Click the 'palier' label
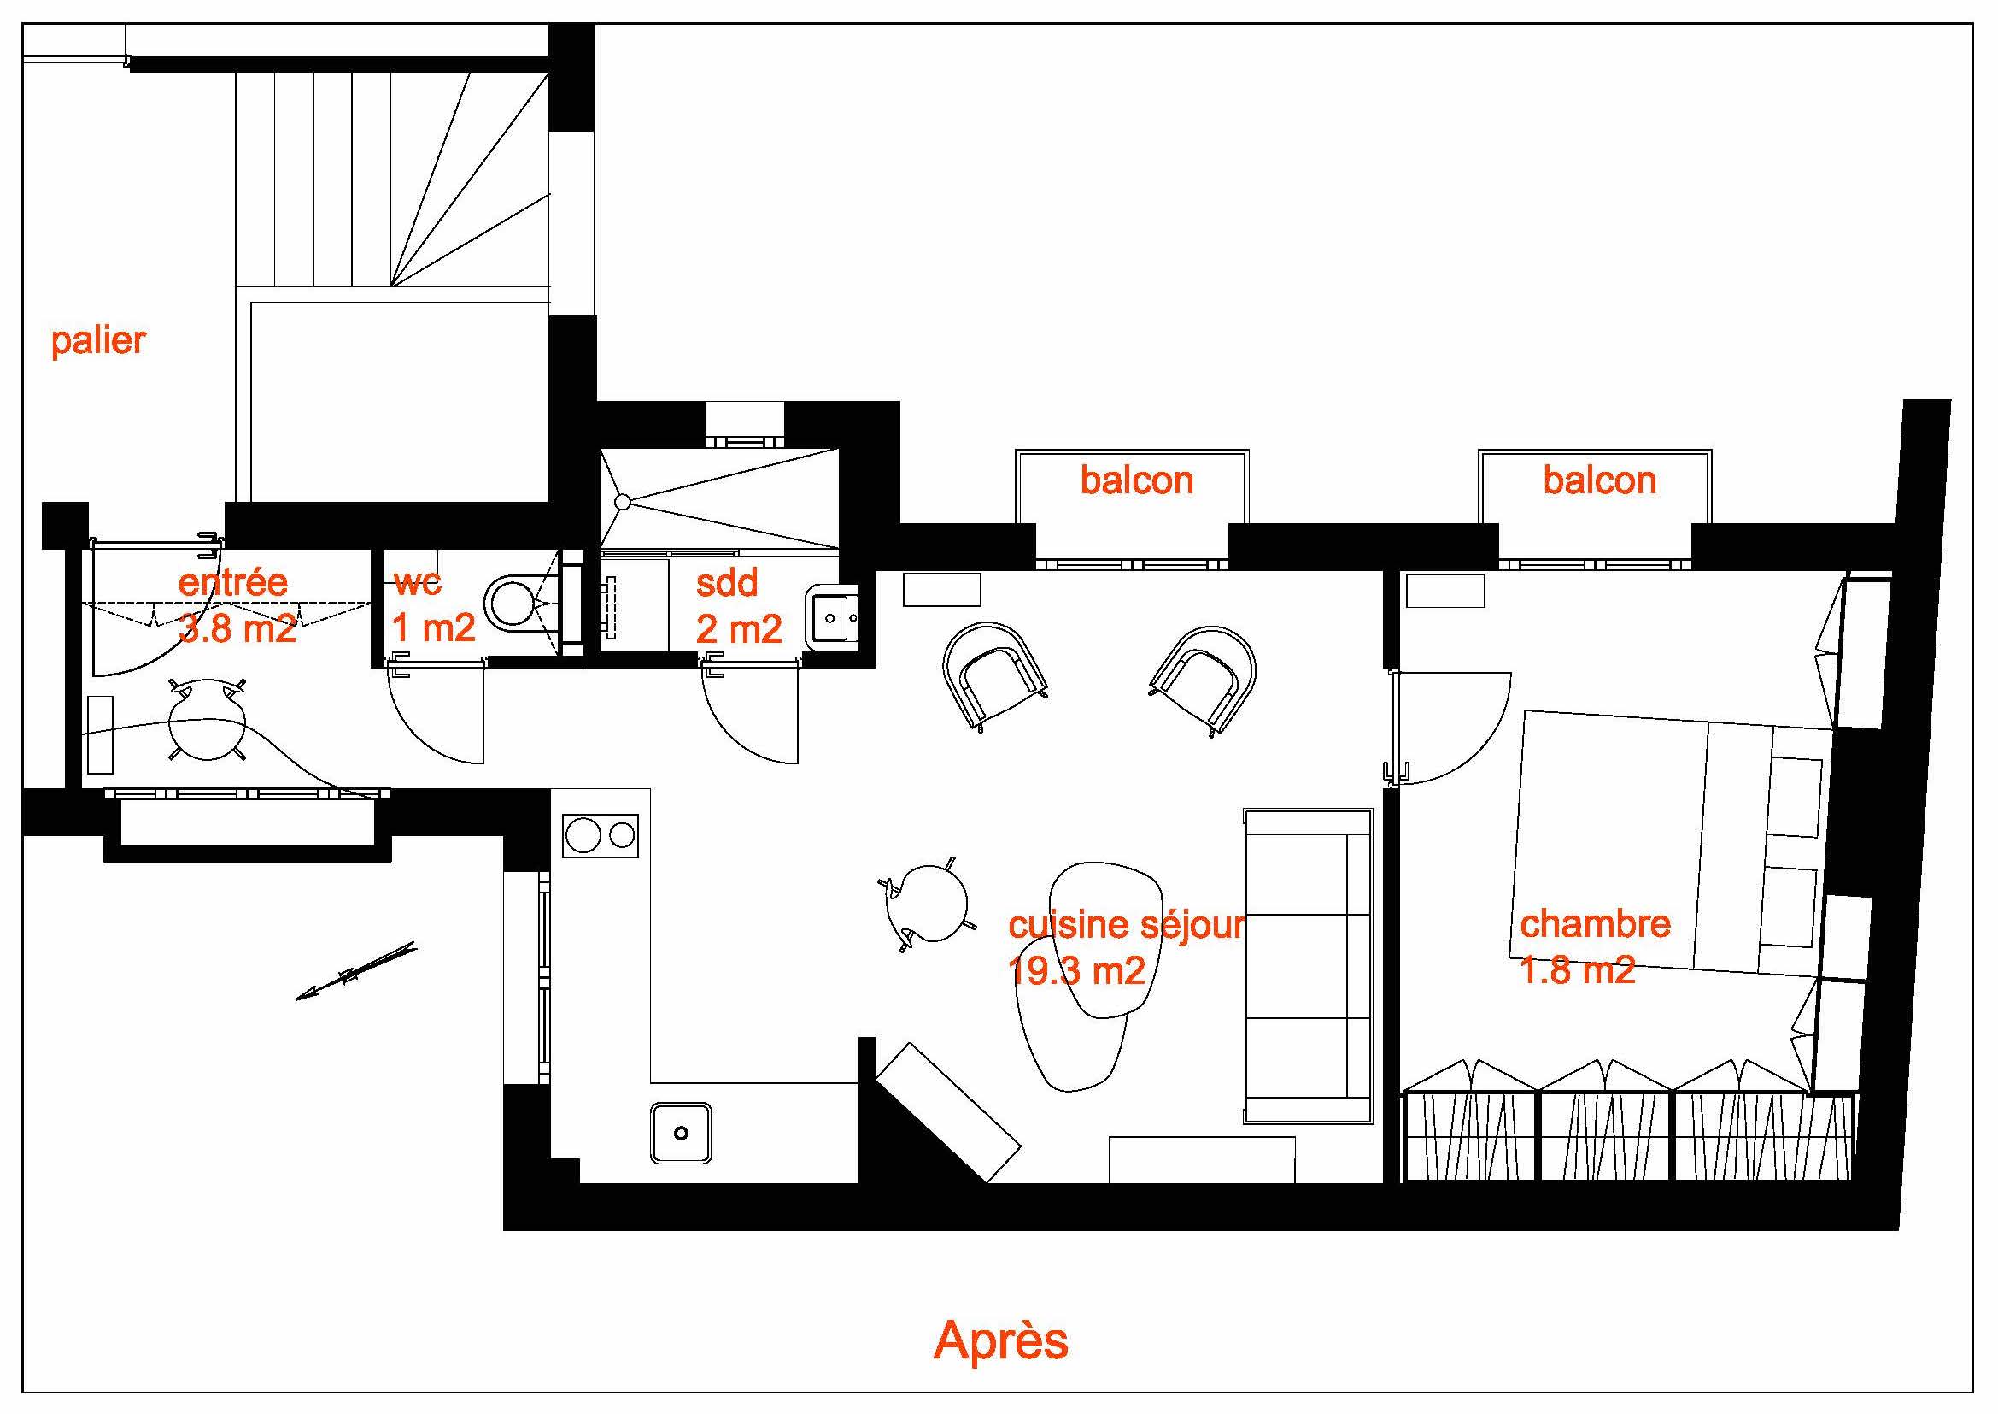pos(98,340)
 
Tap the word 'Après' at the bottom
pos(1001,1340)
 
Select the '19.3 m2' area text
pos(1075,971)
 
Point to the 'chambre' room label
pos(1595,924)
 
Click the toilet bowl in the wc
pos(513,602)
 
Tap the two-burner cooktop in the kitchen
pos(601,836)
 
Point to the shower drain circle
pos(622,502)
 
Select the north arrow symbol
pos(357,971)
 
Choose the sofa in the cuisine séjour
pos(1308,964)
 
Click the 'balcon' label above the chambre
pos(1599,480)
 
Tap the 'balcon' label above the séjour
pos(1136,480)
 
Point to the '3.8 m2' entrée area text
pos(237,627)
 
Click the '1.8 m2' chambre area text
pos(1578,970)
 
